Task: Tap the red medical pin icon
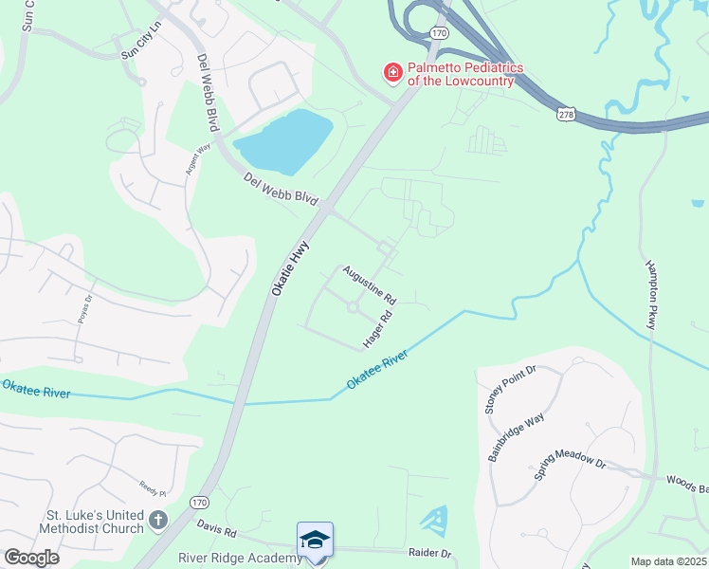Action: (391, 72)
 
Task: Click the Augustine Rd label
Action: (370, 284)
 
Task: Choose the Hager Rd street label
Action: (377, 329)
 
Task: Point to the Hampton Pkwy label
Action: (652, 294)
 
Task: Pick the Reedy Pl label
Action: (152, 493)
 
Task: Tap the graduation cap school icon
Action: (315, 540)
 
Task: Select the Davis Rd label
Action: (216, 524)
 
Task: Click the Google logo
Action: (31, 558)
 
